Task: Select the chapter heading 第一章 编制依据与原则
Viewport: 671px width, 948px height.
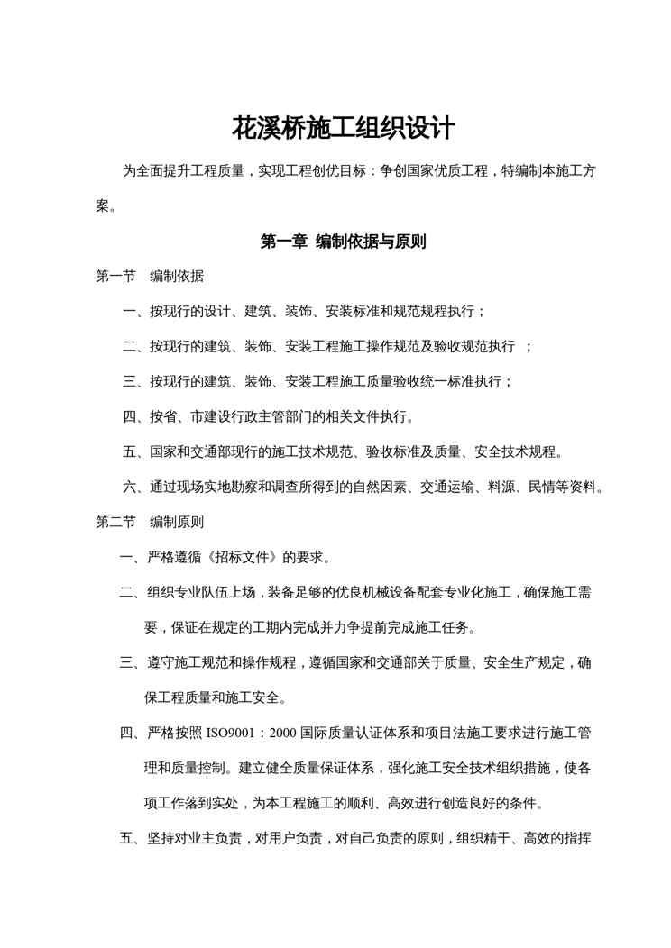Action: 343,242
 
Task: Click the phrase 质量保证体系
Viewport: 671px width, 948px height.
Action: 338,768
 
